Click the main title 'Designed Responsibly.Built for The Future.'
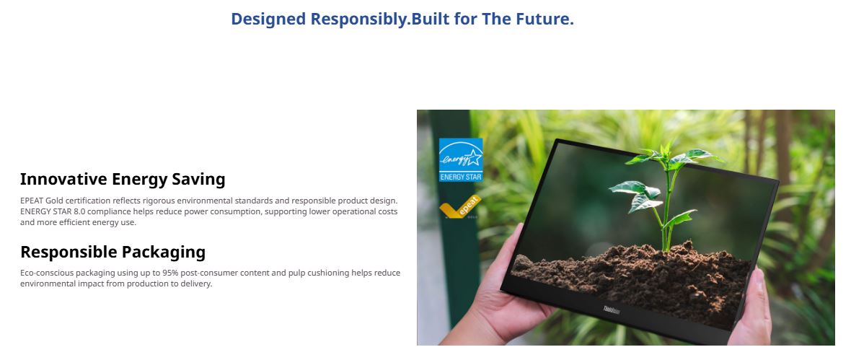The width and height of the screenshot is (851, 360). click(x=402, y=19)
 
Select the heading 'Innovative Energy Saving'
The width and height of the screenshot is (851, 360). click(x=123, y=179)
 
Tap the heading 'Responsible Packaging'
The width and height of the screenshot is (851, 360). click(x=113, y=252)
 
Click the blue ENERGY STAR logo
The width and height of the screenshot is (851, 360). click(x=461, y=159)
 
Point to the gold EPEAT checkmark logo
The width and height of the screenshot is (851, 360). click(x=460, y=207)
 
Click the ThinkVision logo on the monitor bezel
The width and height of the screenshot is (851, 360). click(x=612, y=310)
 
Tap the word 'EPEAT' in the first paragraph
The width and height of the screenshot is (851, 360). click(x=32, y=201)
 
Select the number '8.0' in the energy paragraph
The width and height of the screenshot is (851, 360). click(x=79, y=212)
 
